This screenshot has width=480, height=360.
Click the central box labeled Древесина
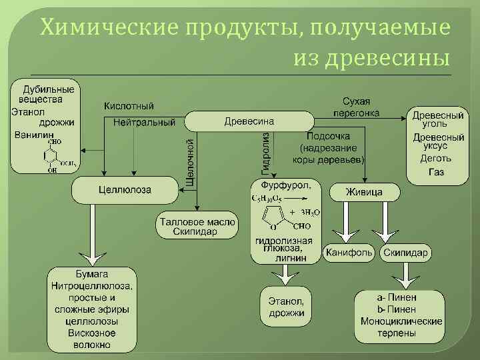coord(249,121)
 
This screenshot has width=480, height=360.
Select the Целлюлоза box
coord(125,190)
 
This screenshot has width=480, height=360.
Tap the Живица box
coord(364,192)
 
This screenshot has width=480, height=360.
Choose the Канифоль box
coord(349,253)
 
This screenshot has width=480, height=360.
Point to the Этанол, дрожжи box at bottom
coord(286,306)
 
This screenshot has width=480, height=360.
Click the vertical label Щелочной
coord(190,161)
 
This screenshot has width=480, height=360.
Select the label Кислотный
coord(129,106)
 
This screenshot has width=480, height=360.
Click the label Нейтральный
coord(145,122)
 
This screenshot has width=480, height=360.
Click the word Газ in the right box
coord(436,171)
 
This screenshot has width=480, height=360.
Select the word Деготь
coord(436,159)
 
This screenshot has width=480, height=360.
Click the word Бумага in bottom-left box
coord(91,274)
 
